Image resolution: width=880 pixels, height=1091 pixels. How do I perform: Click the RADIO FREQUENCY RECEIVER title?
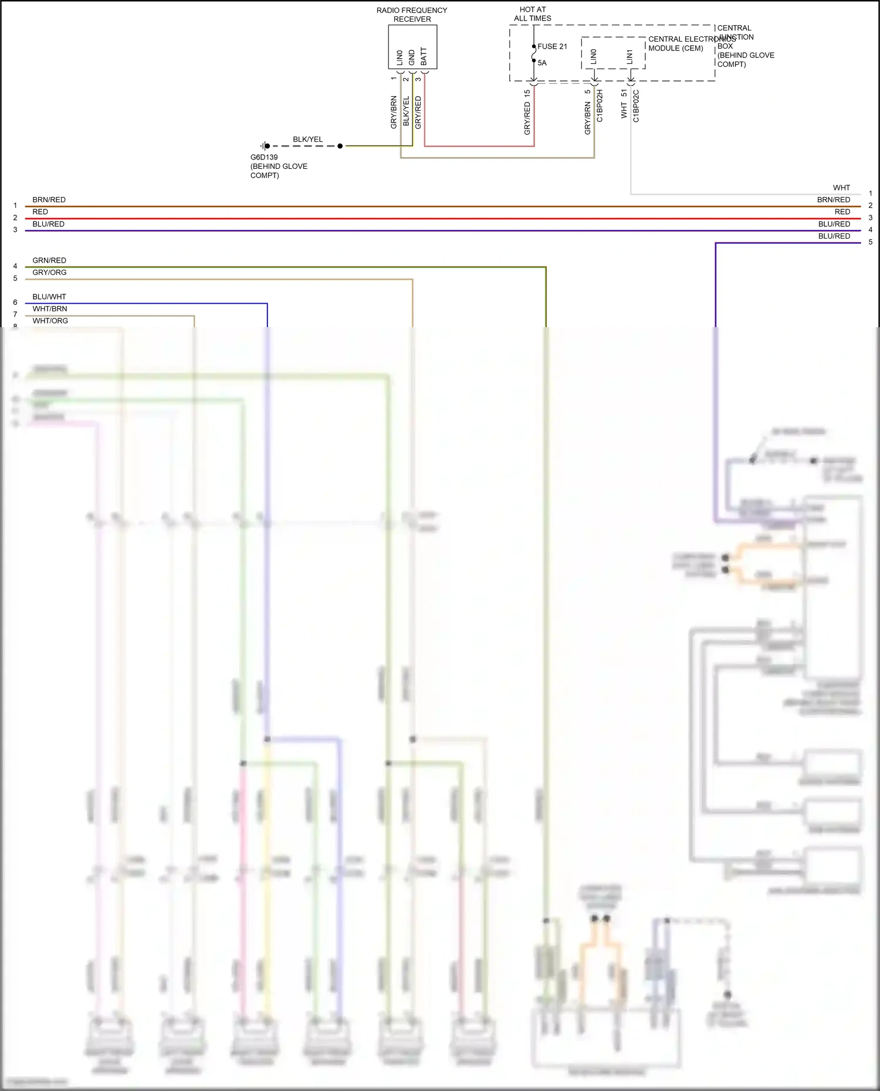[412, 15]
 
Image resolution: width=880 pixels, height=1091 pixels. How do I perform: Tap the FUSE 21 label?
[552, 46]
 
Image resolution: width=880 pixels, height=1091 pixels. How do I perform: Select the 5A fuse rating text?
[542, 63]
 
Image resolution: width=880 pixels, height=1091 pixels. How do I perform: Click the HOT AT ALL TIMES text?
[533, 14]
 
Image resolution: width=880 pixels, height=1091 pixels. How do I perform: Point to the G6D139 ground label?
[264, 157]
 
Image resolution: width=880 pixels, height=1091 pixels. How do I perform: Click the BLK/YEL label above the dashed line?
[308, 140]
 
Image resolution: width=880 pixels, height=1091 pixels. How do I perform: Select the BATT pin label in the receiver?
[424, 57]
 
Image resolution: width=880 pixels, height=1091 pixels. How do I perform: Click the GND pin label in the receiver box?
[412, 57]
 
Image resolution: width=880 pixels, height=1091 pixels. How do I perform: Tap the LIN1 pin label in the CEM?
[629, 57]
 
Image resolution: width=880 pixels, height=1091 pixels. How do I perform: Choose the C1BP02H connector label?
[600, 106]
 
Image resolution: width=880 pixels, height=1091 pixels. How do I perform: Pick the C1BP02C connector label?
[636, 106]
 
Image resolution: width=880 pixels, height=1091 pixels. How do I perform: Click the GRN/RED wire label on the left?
[49, 260]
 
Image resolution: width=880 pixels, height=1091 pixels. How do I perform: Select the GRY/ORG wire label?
[49, 273]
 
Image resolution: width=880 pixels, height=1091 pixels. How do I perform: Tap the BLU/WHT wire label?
[49, 297]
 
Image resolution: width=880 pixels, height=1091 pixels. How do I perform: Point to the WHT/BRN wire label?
[50, 309]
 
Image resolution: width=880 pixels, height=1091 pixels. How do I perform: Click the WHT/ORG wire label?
[50, 321]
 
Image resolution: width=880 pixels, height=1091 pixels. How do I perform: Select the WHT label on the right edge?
[841, 188]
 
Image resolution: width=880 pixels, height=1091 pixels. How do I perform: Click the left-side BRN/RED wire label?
[49, 200]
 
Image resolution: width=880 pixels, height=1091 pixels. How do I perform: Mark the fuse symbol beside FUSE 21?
[533, 53]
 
